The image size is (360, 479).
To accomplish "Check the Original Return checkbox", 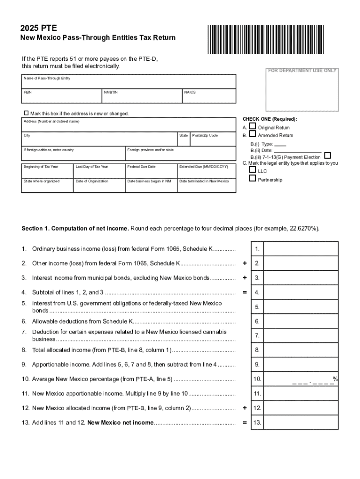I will click(x=252, y=126).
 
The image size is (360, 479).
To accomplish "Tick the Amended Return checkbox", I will click(x=252, y=135).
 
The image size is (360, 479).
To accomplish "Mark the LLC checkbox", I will click(x=252, y=170).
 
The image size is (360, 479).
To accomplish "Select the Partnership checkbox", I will click(x=252, y=179).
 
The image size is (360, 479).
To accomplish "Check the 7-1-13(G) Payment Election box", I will click(x=328, y=156).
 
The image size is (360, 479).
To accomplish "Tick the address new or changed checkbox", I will click(x=26, y=113).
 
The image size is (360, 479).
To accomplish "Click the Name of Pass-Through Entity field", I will click(x=129, y=83).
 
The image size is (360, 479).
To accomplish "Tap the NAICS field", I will click(x=209, y=97).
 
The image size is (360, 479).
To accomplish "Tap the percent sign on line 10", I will click(x=335, y=378).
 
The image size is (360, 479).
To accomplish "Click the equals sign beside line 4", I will click(x=244, y=292).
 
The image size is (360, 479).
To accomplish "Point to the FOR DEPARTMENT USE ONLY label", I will click(x=302, y=71).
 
